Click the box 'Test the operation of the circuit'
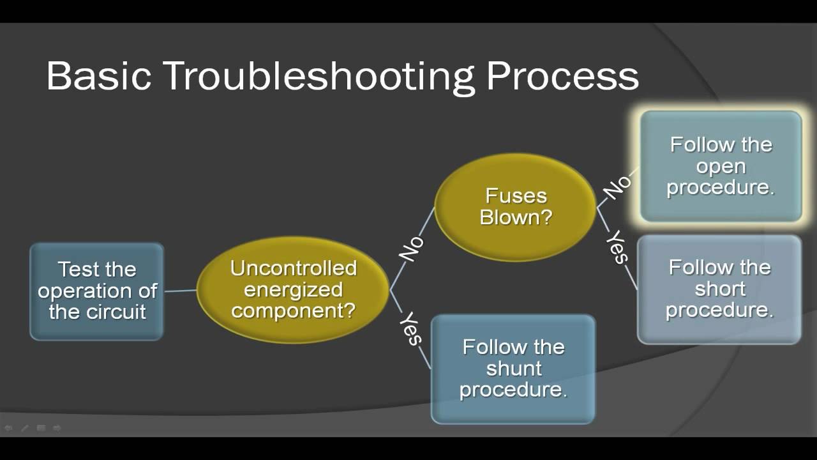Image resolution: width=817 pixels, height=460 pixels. (97, 291)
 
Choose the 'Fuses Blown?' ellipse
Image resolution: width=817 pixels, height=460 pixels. (516, 206)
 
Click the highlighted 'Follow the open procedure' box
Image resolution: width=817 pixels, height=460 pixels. (721, 166)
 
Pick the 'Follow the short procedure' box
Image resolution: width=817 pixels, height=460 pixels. (719, 289)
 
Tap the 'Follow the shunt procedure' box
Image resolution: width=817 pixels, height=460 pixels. (513, 369)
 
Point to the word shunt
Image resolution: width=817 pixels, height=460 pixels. (513, 369)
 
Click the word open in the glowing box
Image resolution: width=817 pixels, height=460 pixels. (721, 167)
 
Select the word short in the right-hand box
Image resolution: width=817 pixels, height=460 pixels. (719, 289)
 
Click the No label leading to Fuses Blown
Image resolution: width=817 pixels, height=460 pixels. (412, 248)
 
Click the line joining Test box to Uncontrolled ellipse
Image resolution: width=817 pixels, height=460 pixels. (181, 291)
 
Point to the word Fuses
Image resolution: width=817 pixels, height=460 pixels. (516, 195)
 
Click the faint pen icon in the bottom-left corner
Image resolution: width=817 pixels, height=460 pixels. (25, 428)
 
